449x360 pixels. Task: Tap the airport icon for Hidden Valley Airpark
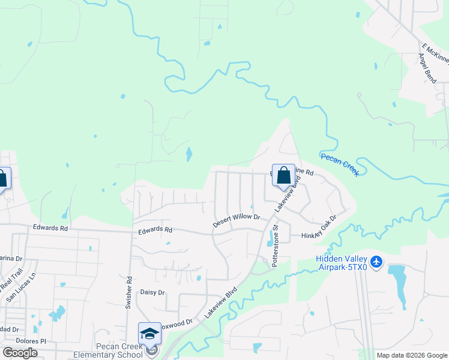pyautogui.click(x=376, y=262)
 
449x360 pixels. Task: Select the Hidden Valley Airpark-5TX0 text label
pyautogui.click(x=341, y=262)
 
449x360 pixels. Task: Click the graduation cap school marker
pyautogui.click(x=149, y=334)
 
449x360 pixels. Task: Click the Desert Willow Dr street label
pyautogui.click(x=236, y=220)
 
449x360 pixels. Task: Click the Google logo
pyautogui.click(x=20, y=352)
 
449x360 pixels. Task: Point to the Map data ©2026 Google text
pyautogui.click(x=412, y=355)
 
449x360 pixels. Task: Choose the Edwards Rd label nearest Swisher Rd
pyautogui.click(x=155, y=230)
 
